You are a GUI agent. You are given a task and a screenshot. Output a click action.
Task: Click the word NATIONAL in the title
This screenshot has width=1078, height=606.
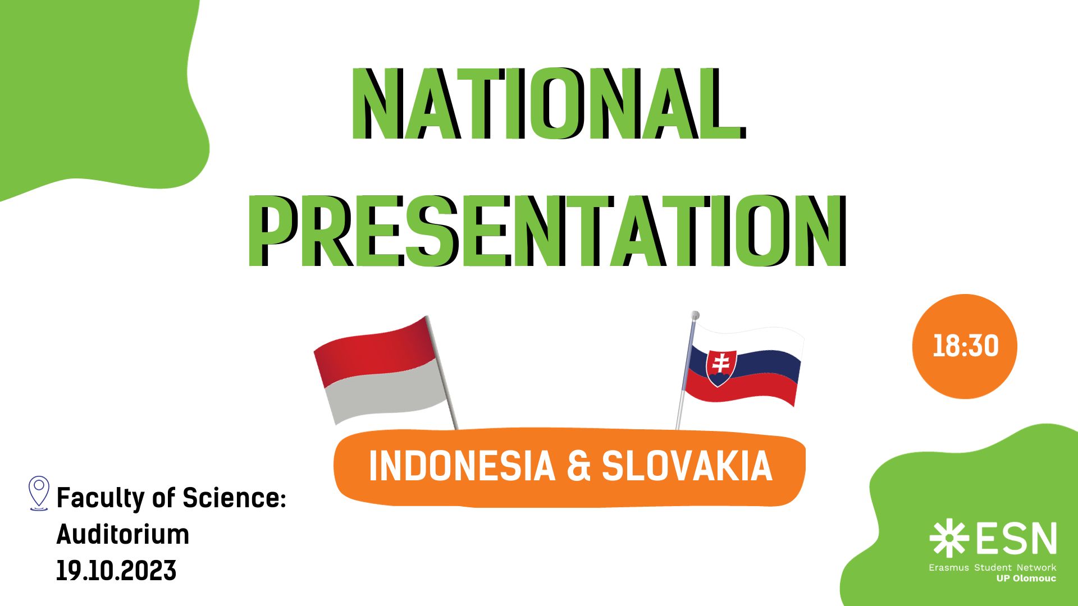point(548,104)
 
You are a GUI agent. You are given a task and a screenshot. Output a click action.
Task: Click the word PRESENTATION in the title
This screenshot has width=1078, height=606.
point(547,231)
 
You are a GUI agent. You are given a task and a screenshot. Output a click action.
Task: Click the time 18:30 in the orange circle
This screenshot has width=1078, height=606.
point(966,346)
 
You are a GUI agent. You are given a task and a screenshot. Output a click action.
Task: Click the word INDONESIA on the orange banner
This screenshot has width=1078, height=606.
point(462,466)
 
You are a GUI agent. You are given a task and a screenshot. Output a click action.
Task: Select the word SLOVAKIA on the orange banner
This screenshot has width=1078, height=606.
point(687,466)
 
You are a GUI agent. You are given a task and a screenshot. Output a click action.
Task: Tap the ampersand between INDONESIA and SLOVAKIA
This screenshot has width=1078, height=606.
point(579,466)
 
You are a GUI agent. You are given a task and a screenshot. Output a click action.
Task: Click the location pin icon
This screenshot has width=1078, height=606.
point(39,493)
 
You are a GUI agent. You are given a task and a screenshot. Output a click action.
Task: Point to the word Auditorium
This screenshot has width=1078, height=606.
point(123,534)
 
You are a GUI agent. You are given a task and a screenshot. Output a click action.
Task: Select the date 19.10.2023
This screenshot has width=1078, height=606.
point(116,571)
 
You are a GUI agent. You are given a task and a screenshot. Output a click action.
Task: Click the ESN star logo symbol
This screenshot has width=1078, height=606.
point(949,538)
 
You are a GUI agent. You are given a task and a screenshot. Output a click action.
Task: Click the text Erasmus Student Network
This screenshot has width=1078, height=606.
point(992,567)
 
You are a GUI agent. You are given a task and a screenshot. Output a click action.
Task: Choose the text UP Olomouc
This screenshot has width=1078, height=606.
point(1026,579)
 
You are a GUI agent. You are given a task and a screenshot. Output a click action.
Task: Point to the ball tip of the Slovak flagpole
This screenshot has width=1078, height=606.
point(695,315)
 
